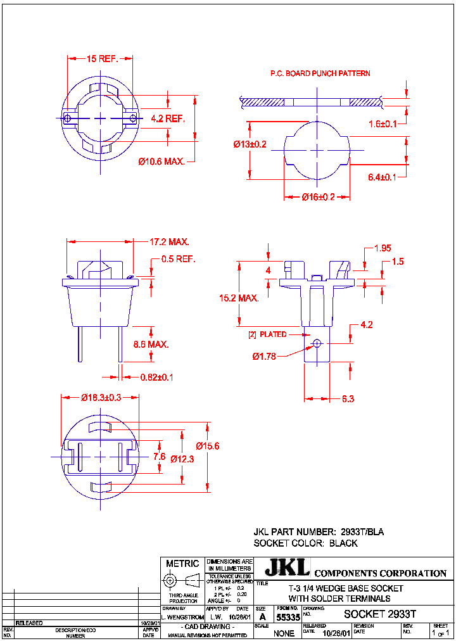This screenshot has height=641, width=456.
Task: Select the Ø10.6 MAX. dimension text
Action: coord(161,162)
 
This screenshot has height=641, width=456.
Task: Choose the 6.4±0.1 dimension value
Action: coord(382,177)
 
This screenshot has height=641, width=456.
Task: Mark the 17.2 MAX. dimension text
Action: coord(170,242)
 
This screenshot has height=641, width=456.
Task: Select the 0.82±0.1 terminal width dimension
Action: coord(156,377)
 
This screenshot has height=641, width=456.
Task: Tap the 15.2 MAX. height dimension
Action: coord(239,298)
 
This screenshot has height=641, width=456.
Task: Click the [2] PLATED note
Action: coord(267,334)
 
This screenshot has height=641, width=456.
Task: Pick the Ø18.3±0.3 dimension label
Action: coord(101,397)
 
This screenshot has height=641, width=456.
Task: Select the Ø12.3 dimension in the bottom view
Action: coord(182,459)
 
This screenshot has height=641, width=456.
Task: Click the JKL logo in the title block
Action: coord(287,568)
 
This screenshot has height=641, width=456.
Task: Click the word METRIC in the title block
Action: coord(182,563)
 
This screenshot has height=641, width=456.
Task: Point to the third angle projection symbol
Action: coord(182,580)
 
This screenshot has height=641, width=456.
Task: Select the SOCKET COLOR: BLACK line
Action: coord(305,543)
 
